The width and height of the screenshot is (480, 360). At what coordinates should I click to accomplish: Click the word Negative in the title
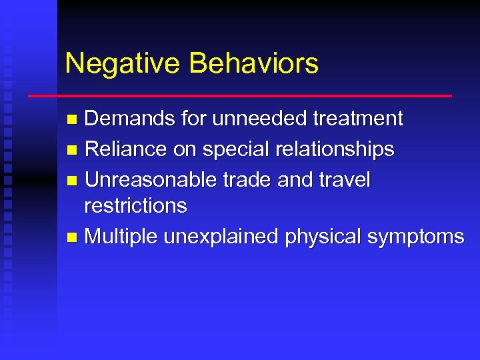pos(123,64)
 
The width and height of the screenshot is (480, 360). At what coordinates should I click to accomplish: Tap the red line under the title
pos(240,96)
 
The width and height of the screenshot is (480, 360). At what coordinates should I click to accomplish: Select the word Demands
pos(131,119)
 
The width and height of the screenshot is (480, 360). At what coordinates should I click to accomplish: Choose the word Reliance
pos(127,149)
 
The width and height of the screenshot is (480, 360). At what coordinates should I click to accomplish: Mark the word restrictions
pos(135,205)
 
